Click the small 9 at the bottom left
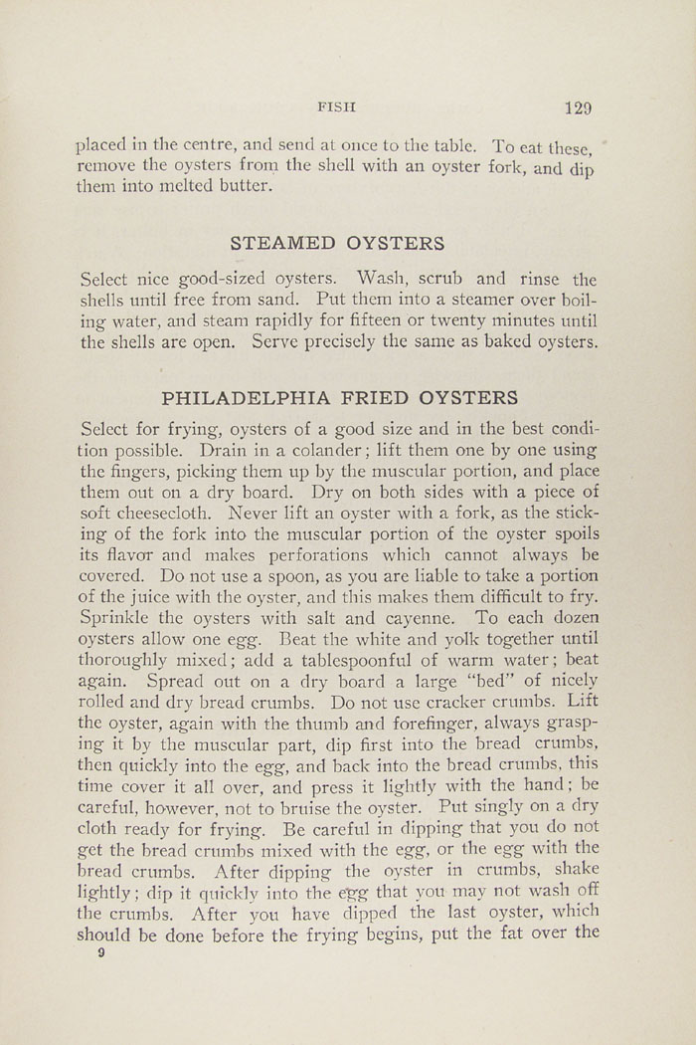pyautogui.click(x=100, y=952)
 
